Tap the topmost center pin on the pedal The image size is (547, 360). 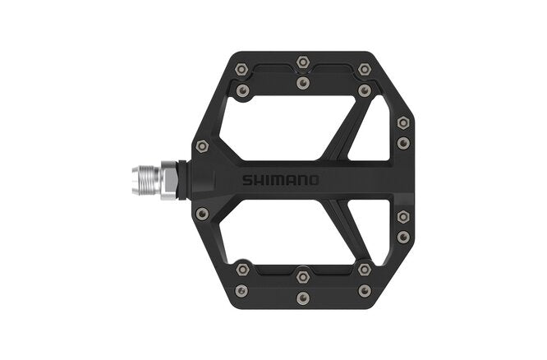[x=302, y=62]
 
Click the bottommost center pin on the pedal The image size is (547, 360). [x=302, y=298]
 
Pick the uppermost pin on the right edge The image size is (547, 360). [x=402, y=122]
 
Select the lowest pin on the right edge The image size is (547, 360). [x=402, y=237]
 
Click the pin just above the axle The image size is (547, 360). [x=203, y=146]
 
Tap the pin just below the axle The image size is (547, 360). [x=203, y=213]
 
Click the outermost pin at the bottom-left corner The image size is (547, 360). [x=241, y=289]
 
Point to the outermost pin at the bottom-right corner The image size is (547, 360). [x=364, y=289]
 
